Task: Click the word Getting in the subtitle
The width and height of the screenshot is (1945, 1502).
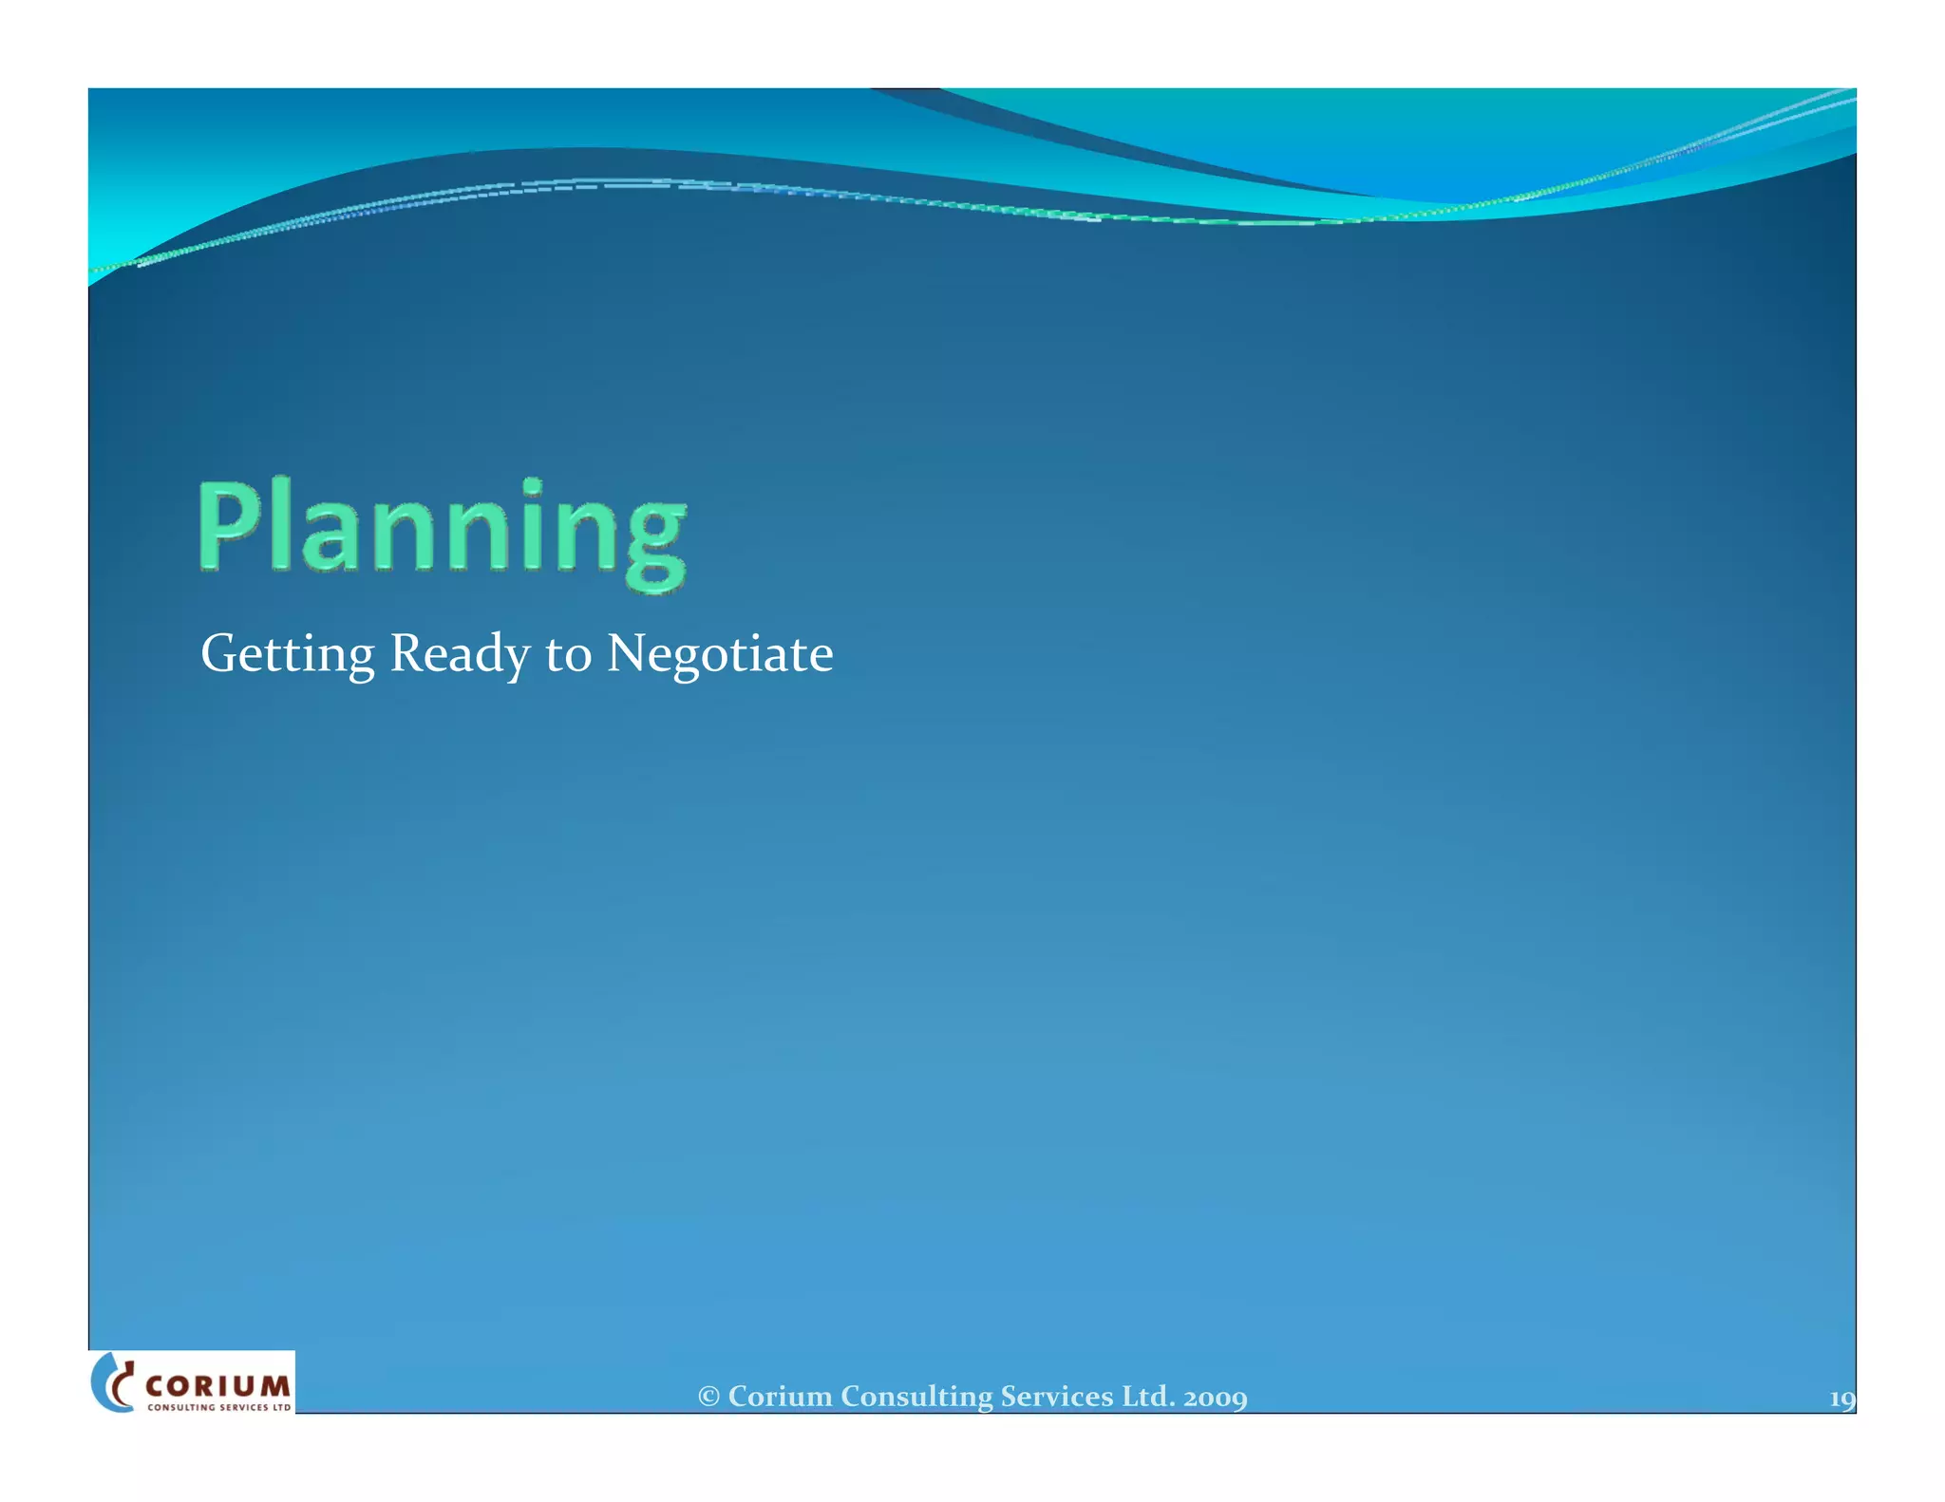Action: point(287,655)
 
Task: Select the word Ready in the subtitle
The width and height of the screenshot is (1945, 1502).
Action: point(460,655)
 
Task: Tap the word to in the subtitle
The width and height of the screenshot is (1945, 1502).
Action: point(568,655)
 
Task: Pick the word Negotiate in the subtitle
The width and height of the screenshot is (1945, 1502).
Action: point(720,655)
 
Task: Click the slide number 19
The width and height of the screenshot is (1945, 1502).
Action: point(1841,1399)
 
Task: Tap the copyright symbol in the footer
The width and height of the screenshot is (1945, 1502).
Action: point(708,1397)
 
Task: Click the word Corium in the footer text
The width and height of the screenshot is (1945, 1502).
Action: point(780,1397)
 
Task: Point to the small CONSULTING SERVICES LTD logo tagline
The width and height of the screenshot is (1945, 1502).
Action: point(218,1407)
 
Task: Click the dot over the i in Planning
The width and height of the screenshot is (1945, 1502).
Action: point(533,486)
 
